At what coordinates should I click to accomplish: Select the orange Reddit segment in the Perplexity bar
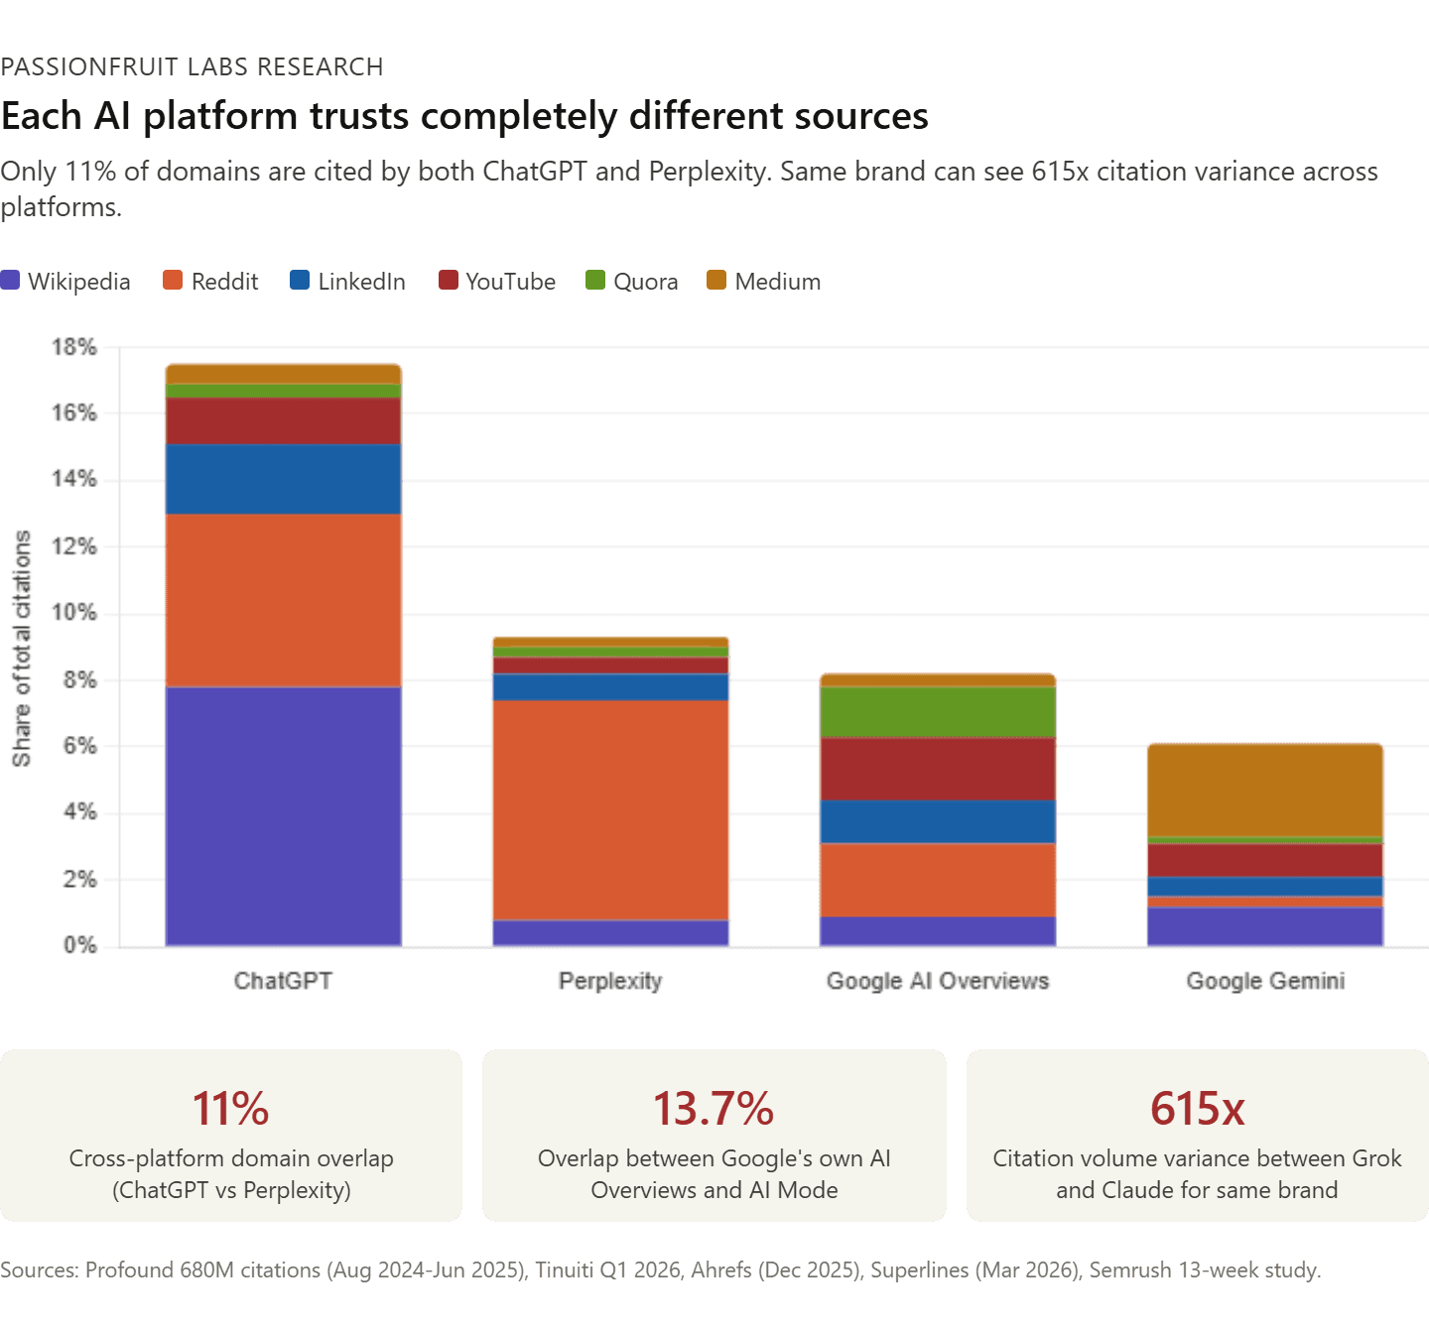point(610,809)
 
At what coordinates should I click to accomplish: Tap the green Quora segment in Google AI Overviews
point(938,711)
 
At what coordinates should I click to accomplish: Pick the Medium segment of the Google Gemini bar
point(1265,789)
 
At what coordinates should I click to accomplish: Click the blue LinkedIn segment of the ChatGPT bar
point(283,478)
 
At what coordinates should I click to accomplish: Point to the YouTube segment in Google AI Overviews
point(938,768)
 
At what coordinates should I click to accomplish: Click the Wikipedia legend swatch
point(11,281)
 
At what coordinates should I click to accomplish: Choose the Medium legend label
point(778,282)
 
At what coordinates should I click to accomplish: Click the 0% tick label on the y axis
point(79,946)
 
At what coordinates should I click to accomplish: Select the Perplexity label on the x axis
point(610,981)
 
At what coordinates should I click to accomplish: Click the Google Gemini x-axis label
point(1265,981)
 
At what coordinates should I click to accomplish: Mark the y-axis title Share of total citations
point(22,649)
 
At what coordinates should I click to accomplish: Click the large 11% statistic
point(230,1108)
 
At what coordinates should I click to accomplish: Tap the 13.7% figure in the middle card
point(714,1108)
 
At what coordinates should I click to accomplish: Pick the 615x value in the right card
point(1197,1108)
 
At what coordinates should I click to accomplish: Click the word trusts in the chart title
point(359,116)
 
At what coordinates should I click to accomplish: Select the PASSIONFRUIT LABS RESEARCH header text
point(192,66)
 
